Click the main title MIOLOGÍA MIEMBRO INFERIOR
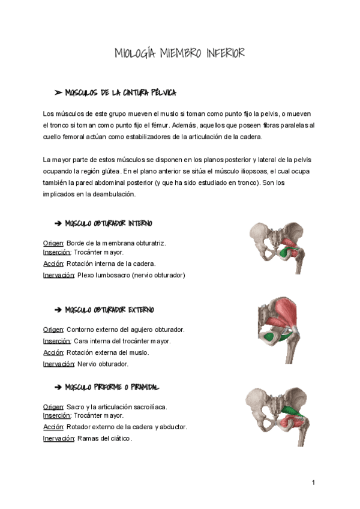(x=179, y=54)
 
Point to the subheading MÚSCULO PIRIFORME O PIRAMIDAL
(x=112, y=387)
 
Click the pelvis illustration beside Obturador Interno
(x=276, y=247)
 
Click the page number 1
(x=313, y=483)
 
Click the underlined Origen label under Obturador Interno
(x=53, y=243)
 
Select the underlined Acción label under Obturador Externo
(x=53, y=352)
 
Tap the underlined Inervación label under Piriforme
(x=58, y=438)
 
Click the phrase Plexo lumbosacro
(x=105, y=275)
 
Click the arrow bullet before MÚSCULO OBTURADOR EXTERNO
(x=58, y=310)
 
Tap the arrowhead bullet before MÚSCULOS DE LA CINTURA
(x=58, y=93)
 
